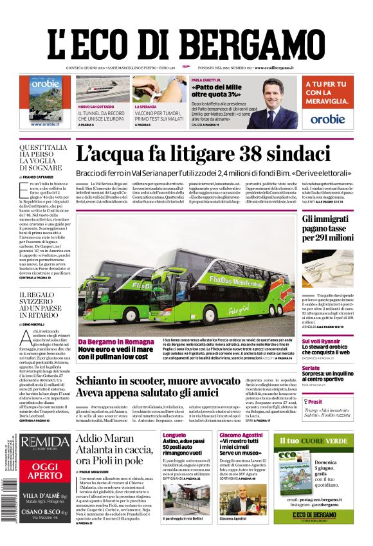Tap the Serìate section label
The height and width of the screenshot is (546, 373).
311,368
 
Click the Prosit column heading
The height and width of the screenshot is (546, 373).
318,401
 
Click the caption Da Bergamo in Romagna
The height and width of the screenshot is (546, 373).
116,341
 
